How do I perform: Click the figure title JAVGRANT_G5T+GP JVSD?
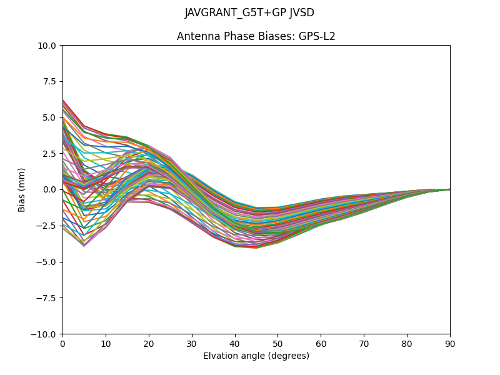[x=249, y=13]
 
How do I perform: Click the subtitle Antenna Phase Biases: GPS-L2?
[x=256, y=36]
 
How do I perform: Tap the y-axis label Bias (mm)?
[x=22, y=189]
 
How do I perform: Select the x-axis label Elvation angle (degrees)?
[x=256, y=356]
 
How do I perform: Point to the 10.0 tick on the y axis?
[x=49, y=45]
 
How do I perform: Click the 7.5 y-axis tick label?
[x=51, y=81]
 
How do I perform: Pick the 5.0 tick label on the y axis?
[x=51, y=117]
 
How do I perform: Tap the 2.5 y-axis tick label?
[x=51, y=153]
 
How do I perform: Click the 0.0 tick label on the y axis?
[x=51, y=189]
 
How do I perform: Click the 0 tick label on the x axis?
[x=62, y=344]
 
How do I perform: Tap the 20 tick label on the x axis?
[x=149, y=344]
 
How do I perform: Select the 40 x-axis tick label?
[x=235, y=344]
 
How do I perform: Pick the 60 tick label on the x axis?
[x=321, y=344]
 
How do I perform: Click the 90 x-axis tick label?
[x=450, y=344]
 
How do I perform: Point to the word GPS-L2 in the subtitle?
[x=319, y=36]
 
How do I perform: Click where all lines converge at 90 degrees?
[x=449, y=189]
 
